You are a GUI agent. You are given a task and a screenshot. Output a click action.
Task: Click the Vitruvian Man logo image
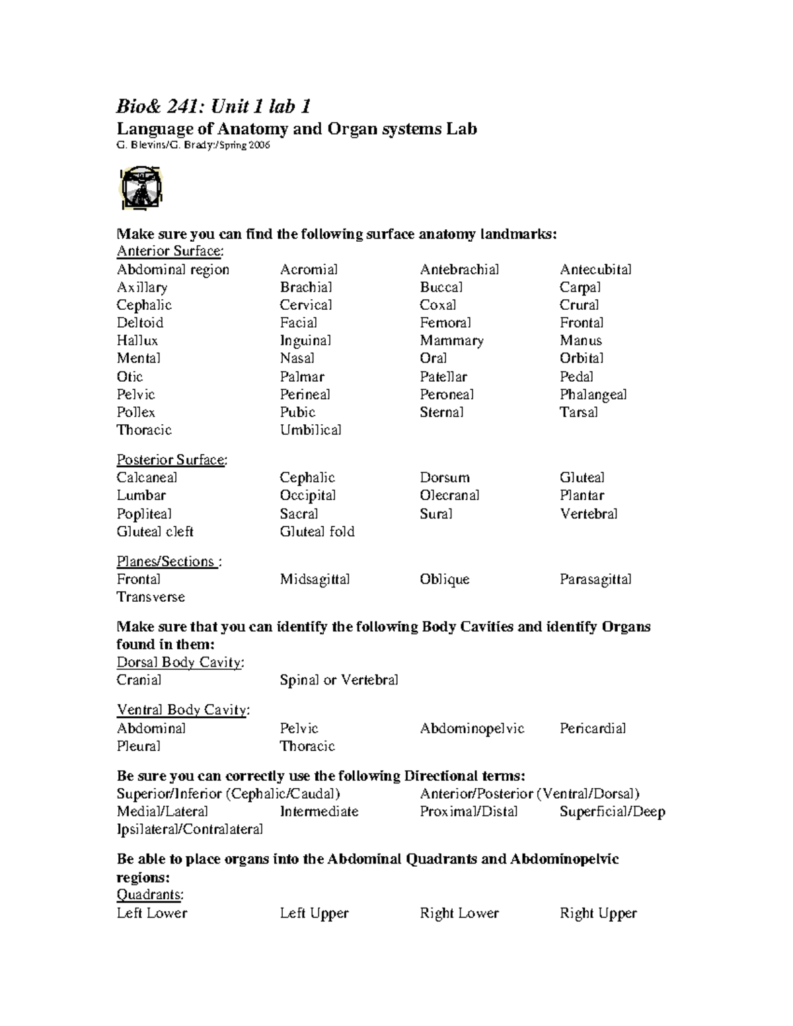(x=141, y=189)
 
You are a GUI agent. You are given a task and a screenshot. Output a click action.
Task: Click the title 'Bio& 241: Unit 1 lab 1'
(x=213, y=106)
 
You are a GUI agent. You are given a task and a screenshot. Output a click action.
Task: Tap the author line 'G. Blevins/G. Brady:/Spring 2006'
(x=193, y=145)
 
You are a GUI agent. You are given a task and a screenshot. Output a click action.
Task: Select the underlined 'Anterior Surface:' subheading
(x=170, y=251)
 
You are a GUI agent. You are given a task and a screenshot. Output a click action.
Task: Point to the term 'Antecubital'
(x=595, y=270)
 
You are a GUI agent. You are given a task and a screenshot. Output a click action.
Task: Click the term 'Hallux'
(x=137, y=341)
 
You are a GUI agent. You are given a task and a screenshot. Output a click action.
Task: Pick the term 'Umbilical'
(x=311, y=430)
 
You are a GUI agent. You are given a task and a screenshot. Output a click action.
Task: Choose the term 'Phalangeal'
(x=593, y=394)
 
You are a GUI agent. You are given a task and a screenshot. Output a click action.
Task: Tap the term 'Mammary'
(x=451, y=341)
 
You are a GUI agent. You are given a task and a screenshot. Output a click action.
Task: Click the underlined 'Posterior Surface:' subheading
(x=172, y=460)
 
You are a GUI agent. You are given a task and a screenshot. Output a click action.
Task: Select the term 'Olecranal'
(x=449, y=495)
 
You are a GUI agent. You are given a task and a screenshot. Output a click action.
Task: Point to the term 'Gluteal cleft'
(x=155, y=532)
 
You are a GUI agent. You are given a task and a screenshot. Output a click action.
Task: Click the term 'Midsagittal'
(x=315, y=579)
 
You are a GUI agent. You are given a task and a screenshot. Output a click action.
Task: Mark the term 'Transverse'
(x=151, y=597)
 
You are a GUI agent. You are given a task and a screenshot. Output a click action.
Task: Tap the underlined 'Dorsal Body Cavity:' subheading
(x=180, y=663)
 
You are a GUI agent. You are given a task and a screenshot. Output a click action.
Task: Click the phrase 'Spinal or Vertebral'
(x=339, y=680)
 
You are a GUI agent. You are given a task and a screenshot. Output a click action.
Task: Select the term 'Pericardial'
(x=593, y=729)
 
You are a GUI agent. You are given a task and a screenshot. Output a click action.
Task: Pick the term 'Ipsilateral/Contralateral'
(x=190, y=829)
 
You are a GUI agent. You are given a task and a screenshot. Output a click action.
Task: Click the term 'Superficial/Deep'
(x=612, y=812)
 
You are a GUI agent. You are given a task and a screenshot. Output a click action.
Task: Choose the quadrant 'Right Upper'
(x=598, y=914)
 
